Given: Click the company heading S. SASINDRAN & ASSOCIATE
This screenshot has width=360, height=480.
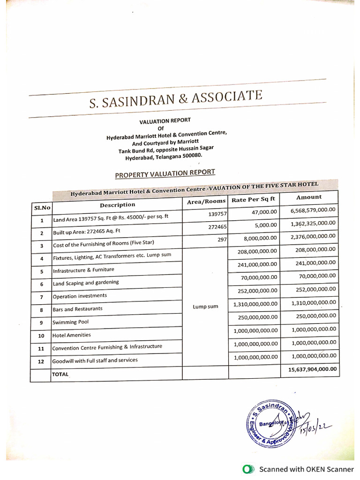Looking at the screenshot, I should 176,100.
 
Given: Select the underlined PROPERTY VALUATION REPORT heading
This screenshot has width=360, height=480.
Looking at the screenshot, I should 165,173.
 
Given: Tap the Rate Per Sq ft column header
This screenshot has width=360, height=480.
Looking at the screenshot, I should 254,200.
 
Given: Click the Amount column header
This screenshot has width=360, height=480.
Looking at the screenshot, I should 309,197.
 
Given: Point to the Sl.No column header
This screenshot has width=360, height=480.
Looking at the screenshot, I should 42,207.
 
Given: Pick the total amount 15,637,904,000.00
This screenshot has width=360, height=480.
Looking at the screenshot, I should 310,369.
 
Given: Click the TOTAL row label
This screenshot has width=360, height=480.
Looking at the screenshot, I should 60,375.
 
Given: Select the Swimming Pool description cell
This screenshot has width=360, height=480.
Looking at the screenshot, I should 71,322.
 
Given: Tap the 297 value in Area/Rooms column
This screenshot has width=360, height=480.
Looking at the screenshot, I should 222,240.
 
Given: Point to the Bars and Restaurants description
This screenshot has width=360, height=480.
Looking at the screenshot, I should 77,309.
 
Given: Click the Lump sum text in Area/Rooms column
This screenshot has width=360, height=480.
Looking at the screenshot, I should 205,307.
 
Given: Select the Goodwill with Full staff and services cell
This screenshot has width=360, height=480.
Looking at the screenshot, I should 95,360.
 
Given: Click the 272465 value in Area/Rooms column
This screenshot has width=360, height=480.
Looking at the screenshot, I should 217,227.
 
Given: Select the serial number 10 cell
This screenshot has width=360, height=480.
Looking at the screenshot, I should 41,336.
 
